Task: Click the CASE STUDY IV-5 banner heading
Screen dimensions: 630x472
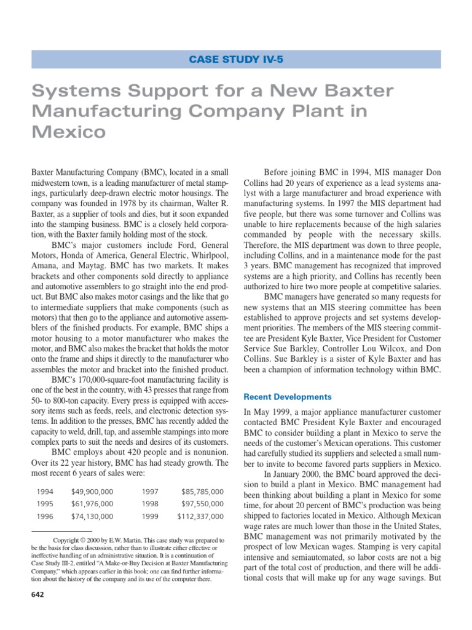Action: click(x=236, y=59)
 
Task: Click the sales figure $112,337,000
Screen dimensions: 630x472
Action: click(x=200, y=516)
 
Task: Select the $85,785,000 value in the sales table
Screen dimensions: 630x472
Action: click(x=203, y=492)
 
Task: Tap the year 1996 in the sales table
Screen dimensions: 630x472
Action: click(x=45, y=516)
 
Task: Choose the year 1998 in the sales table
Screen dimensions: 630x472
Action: click(x=151, y=504)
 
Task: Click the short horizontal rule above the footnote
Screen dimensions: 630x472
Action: click(x=61, y=531)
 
